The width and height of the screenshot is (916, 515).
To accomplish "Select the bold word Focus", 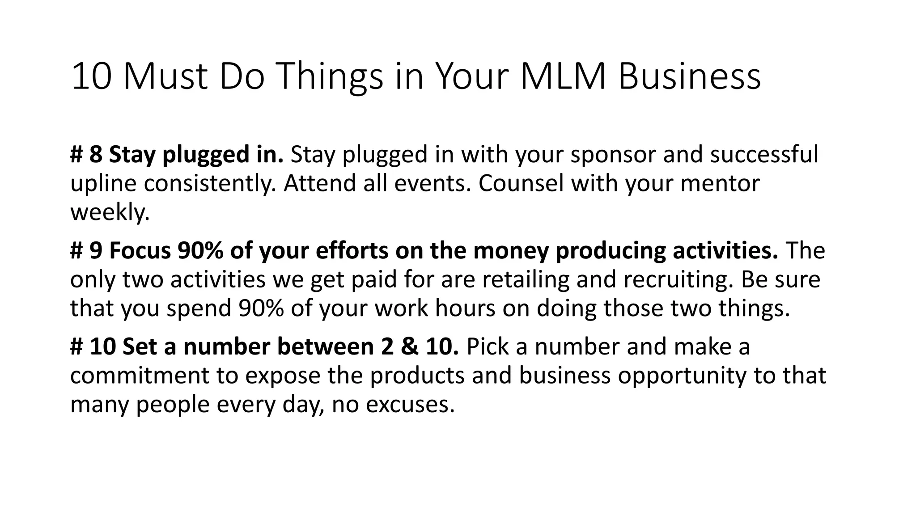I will point(140,251).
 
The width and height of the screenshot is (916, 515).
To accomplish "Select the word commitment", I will point(140,376).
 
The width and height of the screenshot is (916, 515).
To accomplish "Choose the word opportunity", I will point(682,376).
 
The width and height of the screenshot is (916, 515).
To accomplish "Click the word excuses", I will point(407,405).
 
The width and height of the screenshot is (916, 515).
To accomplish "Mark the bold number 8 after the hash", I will point(95,155).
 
